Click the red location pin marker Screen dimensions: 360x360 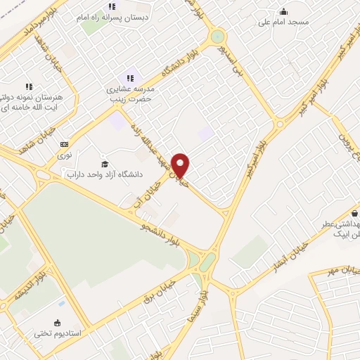pos(181,165)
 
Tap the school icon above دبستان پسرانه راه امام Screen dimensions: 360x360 pos(112,7)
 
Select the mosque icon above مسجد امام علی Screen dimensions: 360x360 pos(283,12)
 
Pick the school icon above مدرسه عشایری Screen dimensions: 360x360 pos(129,77)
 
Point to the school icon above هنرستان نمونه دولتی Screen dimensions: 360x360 pos(29,86)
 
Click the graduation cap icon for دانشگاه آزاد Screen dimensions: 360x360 pos(105,164)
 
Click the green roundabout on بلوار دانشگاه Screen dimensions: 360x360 pos(218,36)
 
